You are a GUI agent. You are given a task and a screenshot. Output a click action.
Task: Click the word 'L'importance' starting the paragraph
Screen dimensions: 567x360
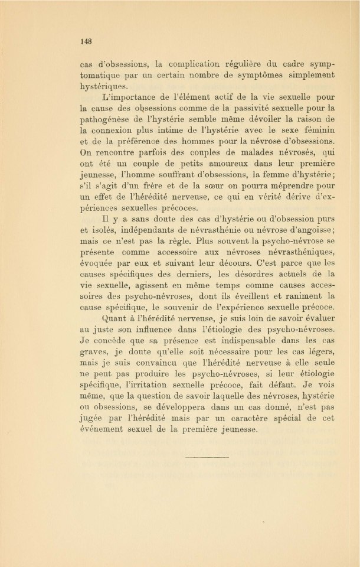(127, 97)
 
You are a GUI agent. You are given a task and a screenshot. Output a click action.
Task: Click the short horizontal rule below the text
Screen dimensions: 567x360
(207, 457)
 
